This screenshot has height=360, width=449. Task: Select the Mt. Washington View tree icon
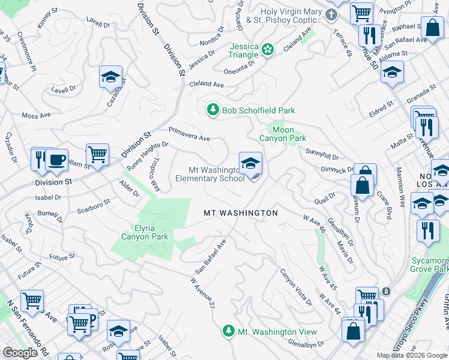(228, 331)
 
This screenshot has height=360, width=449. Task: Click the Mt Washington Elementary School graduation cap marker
(250, 162)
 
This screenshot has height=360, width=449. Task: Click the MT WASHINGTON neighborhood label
(241, 213)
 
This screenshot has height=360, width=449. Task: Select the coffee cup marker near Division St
(56, 160)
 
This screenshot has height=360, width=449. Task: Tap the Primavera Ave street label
(189, 134)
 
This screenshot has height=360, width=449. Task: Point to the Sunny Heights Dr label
(147, 155)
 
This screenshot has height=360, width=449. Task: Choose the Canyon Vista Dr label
(297, 287)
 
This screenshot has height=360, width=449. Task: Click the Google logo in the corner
(20, 353)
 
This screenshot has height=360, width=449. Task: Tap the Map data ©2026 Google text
(411, 355)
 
